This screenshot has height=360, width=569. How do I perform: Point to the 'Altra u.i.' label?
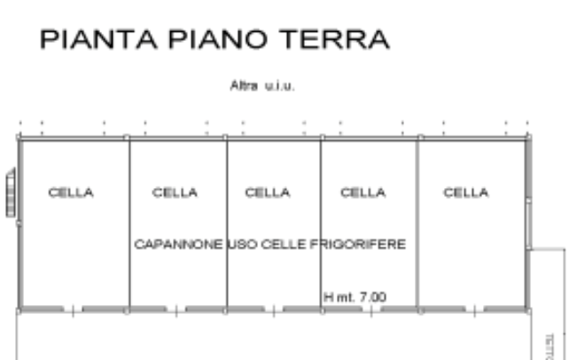pyautogui.click(x=261, y=86)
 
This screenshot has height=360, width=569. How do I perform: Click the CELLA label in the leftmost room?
pyautogui.click(x=71, y=192)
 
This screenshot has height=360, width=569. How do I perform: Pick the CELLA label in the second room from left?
pyautogui.click(x=175, y=192)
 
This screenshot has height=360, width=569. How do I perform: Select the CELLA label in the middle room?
pyautogui.click(x=267, y=192)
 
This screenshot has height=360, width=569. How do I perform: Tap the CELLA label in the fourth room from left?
pyautogui.click(x=363, y=192)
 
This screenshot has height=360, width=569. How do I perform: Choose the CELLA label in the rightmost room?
pyautogui.click(x=466, y=192)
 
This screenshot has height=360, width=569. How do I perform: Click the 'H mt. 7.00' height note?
pyautogui.click(x=355, y=297)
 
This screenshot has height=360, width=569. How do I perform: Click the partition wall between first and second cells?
pyautogui.click(x=129, y=222)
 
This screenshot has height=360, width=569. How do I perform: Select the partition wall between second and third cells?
pyautogui.click(x=227, y=222)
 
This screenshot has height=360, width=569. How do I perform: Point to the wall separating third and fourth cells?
pyautogui.click(x=321, y=222)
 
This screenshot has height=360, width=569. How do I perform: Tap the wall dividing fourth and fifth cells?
pyautogui.click(x=418, y=222)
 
